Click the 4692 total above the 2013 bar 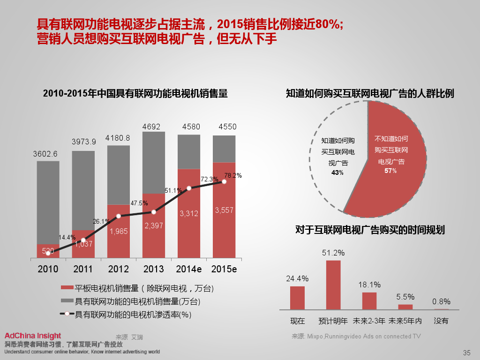tap(153, 126)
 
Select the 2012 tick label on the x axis tap(118, 269)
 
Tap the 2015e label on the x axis tap(224, 269)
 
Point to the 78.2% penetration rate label tap(233, 176)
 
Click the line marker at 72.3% tap(189, 188)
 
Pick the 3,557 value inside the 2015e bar tap(224, 210)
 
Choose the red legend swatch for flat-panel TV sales tap(67, 288)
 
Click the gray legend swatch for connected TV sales tap(67, 301)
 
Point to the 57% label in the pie tap(390, 171)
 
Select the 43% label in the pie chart tap(337, 172)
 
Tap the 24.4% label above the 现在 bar tap(297, 278)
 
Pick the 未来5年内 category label tap(406, 321)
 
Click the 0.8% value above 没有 tap(441, 301)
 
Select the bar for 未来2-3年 tap(369, 301)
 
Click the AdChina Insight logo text tap(33, 336)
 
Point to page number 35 tap(466, 353)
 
